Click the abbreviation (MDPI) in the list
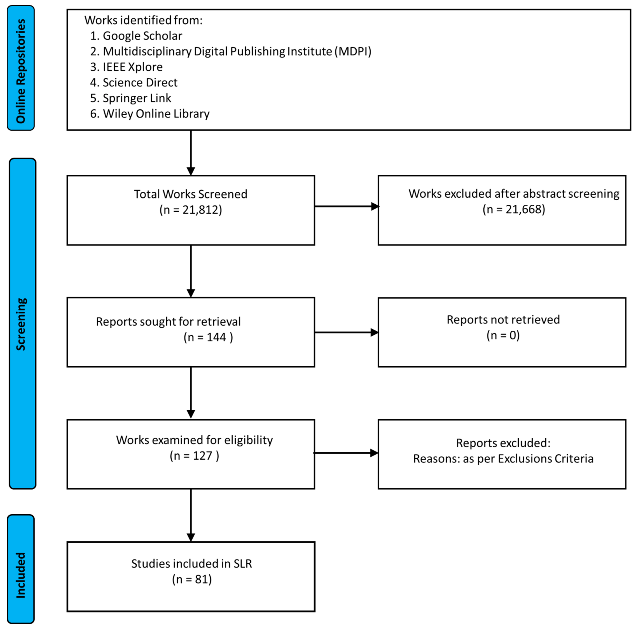353,51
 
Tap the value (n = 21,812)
191,210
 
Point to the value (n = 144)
208,337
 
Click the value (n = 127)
194,456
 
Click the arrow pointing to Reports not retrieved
346,332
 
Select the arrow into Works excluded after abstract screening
346,206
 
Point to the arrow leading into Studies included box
191,515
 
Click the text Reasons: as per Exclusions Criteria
503,459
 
